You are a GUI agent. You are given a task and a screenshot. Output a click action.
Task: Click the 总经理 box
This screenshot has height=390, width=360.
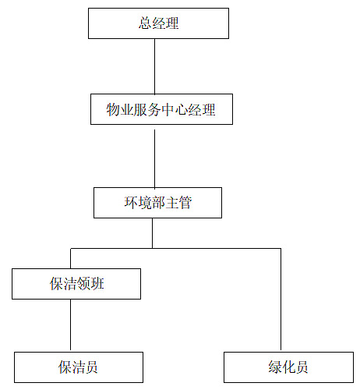[158, 23]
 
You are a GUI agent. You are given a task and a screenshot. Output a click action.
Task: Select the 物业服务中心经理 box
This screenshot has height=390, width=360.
[161, 109]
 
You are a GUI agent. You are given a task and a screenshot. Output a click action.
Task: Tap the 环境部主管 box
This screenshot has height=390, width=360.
[157, 203]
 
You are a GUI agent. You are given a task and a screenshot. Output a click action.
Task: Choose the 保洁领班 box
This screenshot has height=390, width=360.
[76, 284]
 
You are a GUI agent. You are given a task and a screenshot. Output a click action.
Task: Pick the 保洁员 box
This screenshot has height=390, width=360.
[79, 367]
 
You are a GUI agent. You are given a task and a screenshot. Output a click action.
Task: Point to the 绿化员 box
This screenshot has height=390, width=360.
[288, 367]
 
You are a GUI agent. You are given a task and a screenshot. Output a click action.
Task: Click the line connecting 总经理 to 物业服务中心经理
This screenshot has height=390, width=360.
[155, 66]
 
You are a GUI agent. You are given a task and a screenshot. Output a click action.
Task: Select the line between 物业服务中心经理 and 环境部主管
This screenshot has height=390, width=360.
[155, 158]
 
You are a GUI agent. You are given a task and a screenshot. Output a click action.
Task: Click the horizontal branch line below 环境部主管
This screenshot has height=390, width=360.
[175, 249]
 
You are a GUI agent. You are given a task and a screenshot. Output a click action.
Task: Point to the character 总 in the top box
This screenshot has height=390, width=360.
[145, 23]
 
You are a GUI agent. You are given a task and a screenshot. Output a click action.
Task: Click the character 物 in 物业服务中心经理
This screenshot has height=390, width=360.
[113, 109]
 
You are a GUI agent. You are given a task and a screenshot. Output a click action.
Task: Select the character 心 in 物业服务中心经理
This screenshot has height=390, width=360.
[182, 110]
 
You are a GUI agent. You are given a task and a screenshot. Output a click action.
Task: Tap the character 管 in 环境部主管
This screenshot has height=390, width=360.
[185, 203]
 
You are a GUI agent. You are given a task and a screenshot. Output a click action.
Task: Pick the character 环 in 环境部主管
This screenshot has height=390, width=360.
[131, 203]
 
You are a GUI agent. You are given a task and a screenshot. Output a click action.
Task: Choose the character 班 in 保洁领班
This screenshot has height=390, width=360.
[97, 284]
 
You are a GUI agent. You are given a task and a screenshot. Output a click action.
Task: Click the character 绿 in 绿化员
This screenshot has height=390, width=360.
[275, 367]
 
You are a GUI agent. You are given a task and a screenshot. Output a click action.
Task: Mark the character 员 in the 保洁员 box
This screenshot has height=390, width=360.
[91, 367]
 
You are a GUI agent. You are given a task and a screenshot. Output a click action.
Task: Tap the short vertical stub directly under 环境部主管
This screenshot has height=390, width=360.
[152, 233]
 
